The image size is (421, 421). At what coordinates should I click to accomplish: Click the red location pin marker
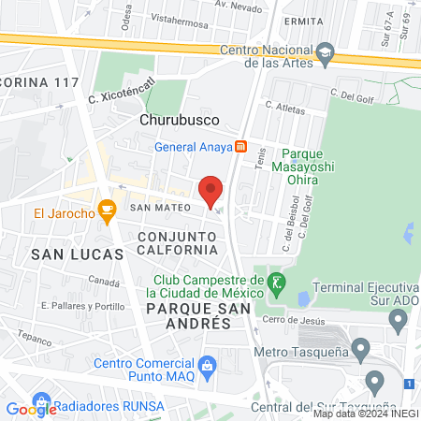(x=211, y=190)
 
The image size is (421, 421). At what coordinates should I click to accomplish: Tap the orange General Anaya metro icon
(x=240, y=146)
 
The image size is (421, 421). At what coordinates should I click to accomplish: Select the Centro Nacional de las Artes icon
(x=325, y=52)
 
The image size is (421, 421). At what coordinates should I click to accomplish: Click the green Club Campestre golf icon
(x=275, y=281)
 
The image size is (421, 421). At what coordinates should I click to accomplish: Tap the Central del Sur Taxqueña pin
(x=376, y=382)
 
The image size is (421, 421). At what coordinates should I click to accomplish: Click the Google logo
(x=31, y=408)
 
